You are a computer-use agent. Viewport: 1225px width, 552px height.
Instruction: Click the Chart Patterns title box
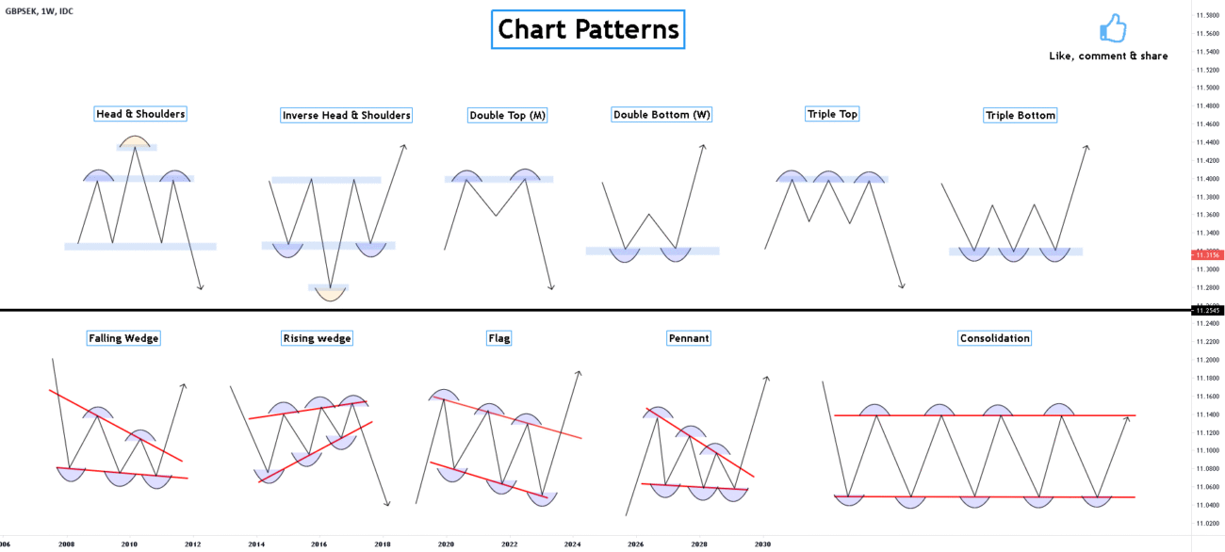click(x=588, y=29)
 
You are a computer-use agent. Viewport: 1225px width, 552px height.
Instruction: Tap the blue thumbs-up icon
click(x=1113, y=28)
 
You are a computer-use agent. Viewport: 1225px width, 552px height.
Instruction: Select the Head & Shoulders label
click(x=140, y=114)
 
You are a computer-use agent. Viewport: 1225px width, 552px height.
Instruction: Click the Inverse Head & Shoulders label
click(x=346, y=115)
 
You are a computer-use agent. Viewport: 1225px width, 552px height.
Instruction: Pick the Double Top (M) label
click(x=507, y=115)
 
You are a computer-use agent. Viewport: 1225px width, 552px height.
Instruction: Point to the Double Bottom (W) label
click(x=661, y=115)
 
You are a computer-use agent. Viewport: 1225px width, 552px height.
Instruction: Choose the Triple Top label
click(x=832, y=114)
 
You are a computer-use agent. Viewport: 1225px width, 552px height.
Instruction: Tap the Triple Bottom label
click(x=1020, y=115)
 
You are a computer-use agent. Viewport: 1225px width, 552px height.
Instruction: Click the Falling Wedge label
click(x=123, y=338)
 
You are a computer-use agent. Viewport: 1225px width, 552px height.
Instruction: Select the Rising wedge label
click(x=317, y=338)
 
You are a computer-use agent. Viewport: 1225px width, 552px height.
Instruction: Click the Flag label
click(x=498, y=338)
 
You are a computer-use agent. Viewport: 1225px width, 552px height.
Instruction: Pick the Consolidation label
click(x=994, y=338)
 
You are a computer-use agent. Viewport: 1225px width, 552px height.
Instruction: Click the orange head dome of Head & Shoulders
click(x=134, y=143)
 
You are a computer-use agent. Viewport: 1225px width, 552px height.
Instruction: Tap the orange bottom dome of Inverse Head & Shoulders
click(x=330, y=292)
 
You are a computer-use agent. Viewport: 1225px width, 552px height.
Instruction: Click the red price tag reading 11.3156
click(x=1206, y=254)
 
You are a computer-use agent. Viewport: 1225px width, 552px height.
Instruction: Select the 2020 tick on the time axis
click(x=446, y=544)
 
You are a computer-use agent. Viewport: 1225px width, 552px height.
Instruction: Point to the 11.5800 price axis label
click(x=1206, y=15)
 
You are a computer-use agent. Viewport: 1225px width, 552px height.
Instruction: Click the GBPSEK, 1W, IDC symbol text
click(x=40, y=10)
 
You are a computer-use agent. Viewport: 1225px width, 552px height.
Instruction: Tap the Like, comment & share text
click(x=1108, y=57)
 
